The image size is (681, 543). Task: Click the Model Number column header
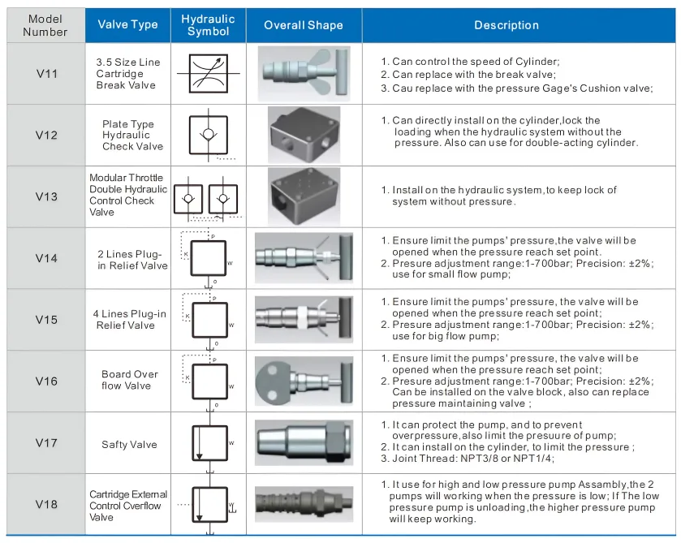tap(45, 25)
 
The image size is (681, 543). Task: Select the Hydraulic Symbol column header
tap(208, 25)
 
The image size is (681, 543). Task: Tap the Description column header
tap(506, 25)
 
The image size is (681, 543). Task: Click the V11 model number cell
tap(46, 73)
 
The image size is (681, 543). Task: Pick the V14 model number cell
tap(46, 258)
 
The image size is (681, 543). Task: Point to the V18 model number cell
tap(46, 505)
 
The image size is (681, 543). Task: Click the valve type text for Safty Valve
tap(129, 444)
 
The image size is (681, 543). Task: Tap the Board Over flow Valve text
tap(129, 380)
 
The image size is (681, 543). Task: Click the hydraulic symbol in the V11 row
tap(208, 74)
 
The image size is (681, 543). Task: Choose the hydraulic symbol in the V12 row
tap(208, 134)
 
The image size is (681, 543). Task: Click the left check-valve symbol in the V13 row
tap(189, 197)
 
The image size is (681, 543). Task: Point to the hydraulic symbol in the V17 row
tap(208, 443)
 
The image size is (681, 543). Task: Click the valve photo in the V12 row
tap(304, 135)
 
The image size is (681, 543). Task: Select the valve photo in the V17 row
tap(304, 444)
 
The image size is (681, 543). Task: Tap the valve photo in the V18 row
tap(304, 504)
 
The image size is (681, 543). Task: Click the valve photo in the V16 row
tap(304, 381)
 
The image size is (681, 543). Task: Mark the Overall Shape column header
tap(304, 25)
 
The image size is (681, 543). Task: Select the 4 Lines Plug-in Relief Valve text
tap(129, 320)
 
